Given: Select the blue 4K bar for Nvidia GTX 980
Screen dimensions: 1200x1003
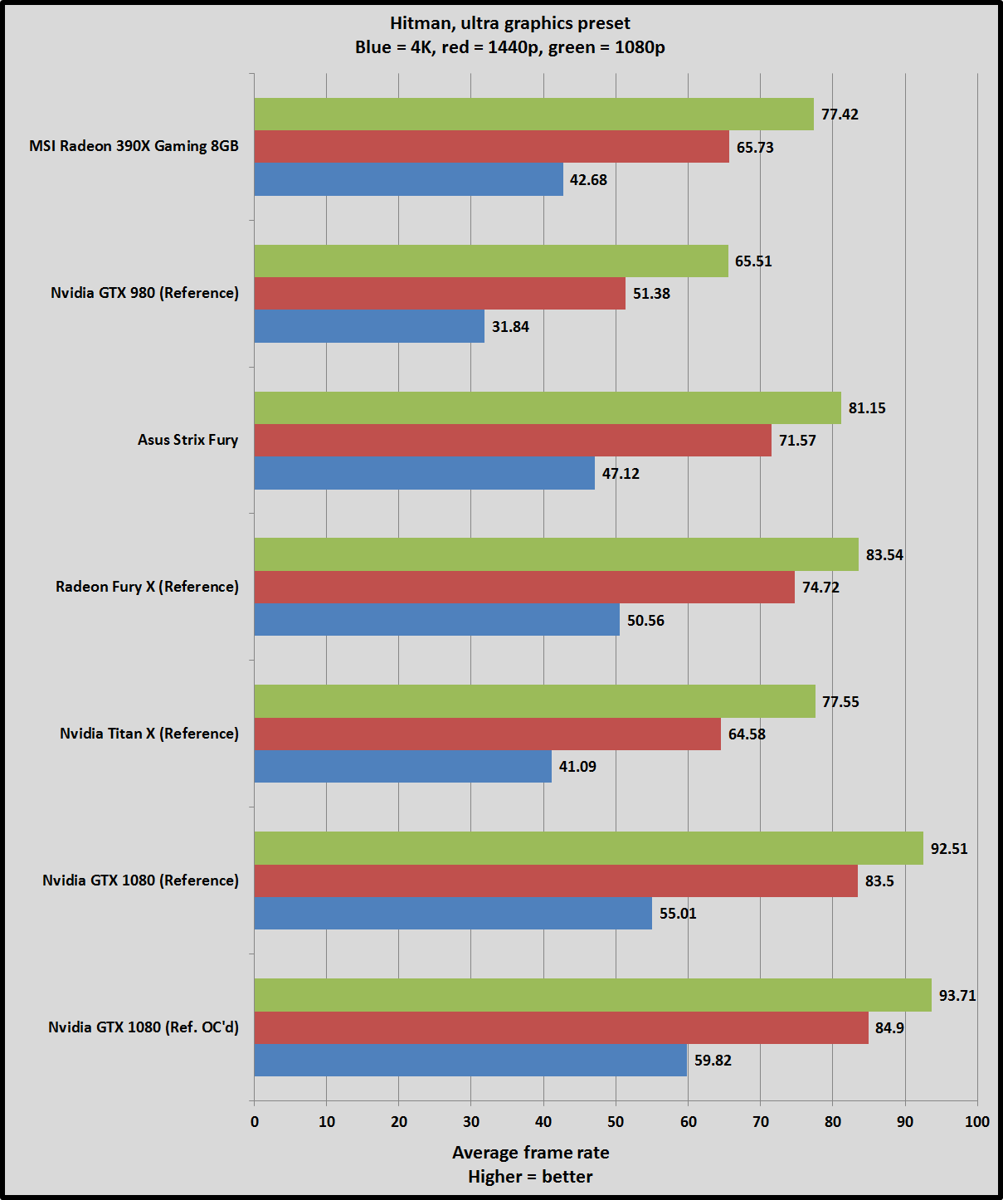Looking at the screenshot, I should tap(369, 326).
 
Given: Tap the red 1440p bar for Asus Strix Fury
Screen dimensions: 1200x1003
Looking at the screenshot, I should tap(513, 441).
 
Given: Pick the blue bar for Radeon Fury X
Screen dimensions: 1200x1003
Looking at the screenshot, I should tap(436, 620).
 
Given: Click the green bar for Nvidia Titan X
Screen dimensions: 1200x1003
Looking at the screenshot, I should tap(534, 701).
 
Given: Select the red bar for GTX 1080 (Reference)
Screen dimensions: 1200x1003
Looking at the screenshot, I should tap(556, 881).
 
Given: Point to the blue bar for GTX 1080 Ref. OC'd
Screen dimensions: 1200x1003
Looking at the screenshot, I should tap(470, 1060).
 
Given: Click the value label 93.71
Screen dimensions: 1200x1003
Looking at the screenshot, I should tap(957, 995).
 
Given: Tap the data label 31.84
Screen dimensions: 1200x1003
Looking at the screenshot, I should tap(510, 327).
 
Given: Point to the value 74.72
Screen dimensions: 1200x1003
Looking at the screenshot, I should tap(820, 588).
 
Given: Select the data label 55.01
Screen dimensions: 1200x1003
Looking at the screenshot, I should tap(678, 914).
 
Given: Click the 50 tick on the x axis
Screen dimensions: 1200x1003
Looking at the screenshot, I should tap(616, 1122).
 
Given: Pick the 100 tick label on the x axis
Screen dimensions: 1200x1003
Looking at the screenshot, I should tap(977, 1122).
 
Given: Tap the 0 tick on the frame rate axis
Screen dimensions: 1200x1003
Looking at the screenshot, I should tap(255, 1122).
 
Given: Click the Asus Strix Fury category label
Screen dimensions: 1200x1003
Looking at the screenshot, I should tap(187, 440).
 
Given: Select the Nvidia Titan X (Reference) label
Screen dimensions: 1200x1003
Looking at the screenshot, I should tap(149, 734).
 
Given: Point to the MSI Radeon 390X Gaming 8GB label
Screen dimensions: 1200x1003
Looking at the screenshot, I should tap(134, 146).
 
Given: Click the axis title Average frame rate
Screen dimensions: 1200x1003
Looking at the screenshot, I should tap(530, 1153).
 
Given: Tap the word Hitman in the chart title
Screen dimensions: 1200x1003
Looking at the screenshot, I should tap(420, 23).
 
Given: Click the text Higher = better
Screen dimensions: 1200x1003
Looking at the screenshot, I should tap(530, 1177).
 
